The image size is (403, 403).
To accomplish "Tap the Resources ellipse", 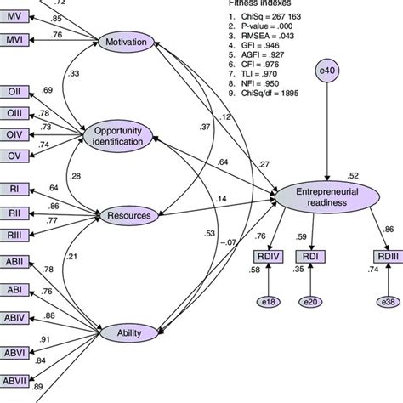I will coord(129,216).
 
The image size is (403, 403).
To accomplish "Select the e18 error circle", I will coord(268,302).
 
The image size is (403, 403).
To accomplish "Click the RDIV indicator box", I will coord(268,256).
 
